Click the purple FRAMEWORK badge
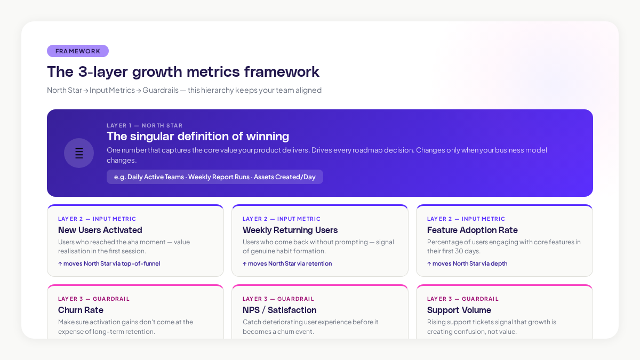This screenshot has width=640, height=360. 78,51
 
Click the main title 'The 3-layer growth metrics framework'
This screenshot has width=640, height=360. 183,71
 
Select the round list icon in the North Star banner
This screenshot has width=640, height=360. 79,153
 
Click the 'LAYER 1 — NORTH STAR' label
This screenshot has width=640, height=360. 144,125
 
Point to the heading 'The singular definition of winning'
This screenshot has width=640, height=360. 198,136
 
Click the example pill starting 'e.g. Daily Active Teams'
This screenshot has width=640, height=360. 214,177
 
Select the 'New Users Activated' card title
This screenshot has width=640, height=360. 100,230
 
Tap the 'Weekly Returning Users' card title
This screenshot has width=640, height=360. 290,230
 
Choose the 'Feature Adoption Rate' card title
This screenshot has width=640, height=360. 472,230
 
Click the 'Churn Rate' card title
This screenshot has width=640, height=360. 81,310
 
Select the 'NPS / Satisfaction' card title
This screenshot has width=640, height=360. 279,310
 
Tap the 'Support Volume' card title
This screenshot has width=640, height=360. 459,310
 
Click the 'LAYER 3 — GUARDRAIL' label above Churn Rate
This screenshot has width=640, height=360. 94,299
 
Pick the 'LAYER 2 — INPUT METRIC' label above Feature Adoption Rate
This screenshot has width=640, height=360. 466,219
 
